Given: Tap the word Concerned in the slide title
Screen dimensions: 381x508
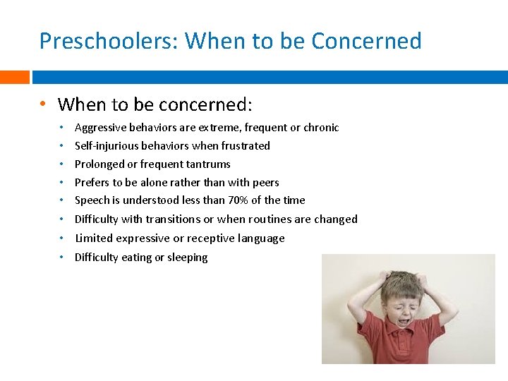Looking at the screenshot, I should click(366, 41).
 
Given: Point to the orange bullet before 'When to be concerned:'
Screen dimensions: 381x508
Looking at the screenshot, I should click(44, 104).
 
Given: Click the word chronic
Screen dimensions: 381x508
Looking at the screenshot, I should click(321, 128).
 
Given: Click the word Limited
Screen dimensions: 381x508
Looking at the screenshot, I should click(94, 238).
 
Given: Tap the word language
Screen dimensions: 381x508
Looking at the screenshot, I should click(260, 238).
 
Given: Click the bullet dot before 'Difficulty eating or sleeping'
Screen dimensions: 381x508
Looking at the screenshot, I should click(62, 257).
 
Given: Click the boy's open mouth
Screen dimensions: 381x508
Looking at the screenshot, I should click(407, 320).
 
